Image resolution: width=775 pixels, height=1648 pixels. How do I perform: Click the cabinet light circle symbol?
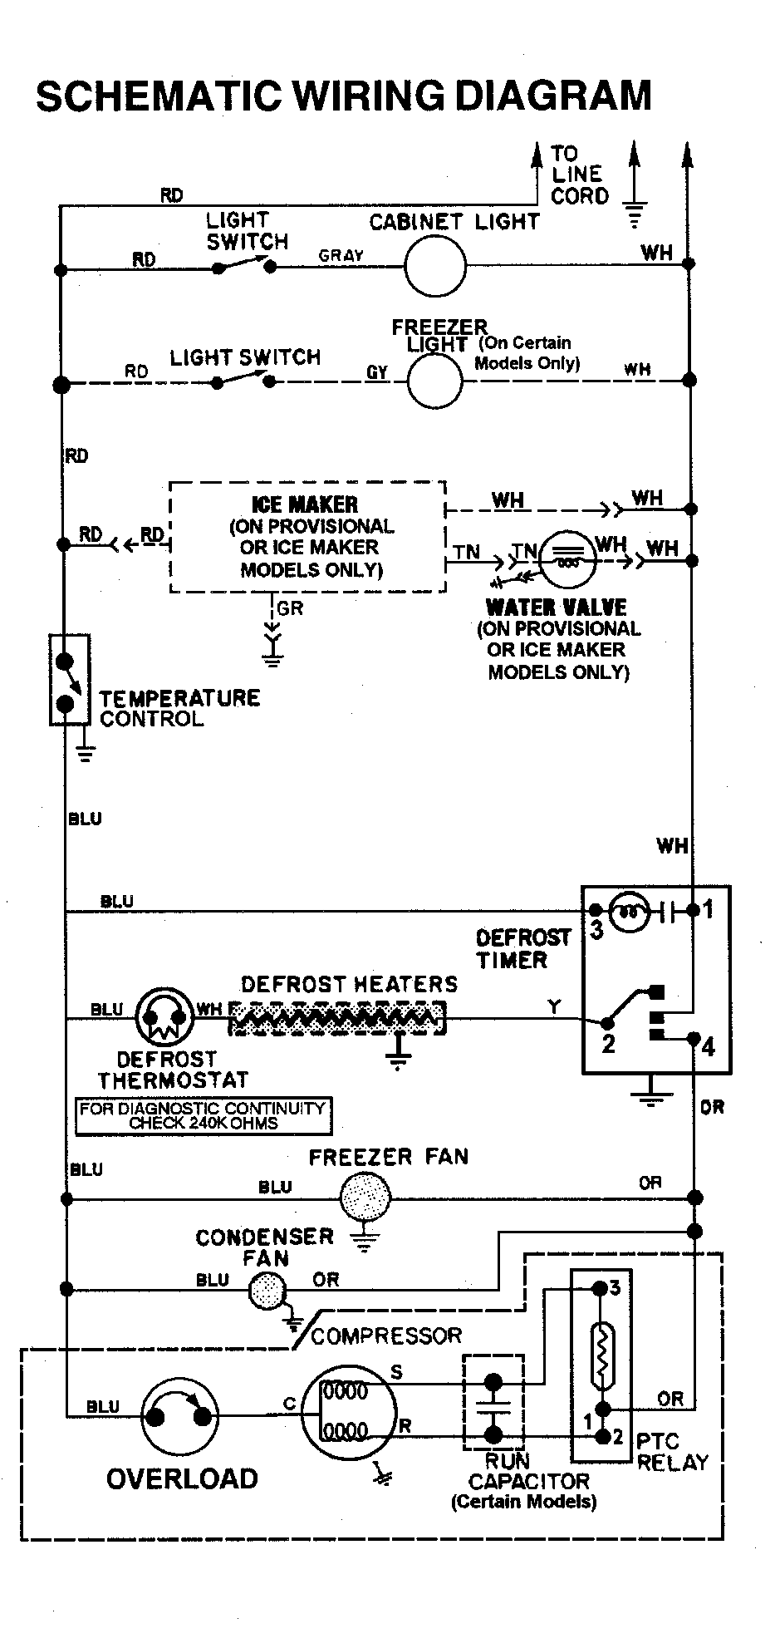click(434, 267)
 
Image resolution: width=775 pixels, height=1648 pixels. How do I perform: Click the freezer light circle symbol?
click(434, 381)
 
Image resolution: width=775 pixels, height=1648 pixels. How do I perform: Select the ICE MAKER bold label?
click(305, 504)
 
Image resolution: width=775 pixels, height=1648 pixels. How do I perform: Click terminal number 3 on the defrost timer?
click(596, 929)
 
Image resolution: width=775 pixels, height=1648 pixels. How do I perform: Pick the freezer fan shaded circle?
click(365, 1198)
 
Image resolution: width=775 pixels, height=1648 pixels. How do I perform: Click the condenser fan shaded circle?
click(267, 1289)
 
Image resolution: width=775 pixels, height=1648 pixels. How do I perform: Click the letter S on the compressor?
click(397, 1372)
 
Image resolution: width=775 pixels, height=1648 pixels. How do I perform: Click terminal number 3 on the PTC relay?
click(615, 1288)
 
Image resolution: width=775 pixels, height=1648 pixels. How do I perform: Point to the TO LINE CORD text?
click(579, 175)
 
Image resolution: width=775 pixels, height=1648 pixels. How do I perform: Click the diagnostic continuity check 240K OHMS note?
click(203, 1115)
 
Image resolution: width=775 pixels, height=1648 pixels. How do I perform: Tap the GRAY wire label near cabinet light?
click(341, 256)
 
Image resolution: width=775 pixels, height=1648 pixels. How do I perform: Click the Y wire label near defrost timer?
click(554, 1006)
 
